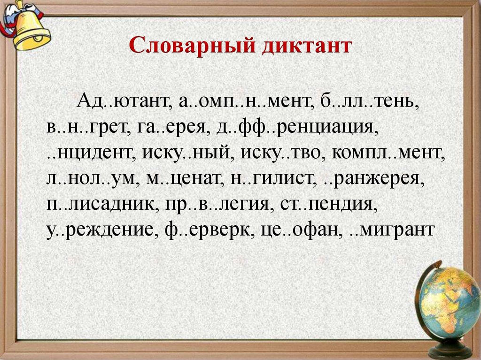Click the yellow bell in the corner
[28, 26]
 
